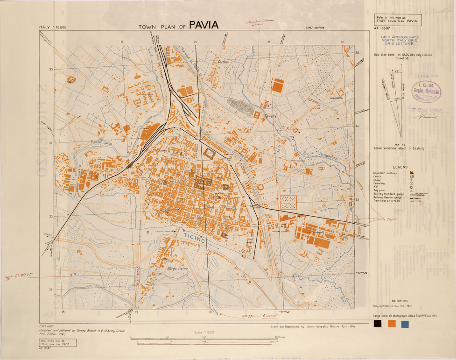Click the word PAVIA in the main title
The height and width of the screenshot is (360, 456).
tap(203, 25)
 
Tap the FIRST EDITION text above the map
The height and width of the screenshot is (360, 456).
tap(315, 28)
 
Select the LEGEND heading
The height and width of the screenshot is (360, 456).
tap(400, 167)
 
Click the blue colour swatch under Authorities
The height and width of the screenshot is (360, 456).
tap(403, 324)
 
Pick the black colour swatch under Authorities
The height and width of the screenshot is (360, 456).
tap(377, 324)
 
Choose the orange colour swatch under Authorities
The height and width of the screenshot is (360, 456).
tap(390, 324)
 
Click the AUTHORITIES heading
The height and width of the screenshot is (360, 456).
tap(400, 301)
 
